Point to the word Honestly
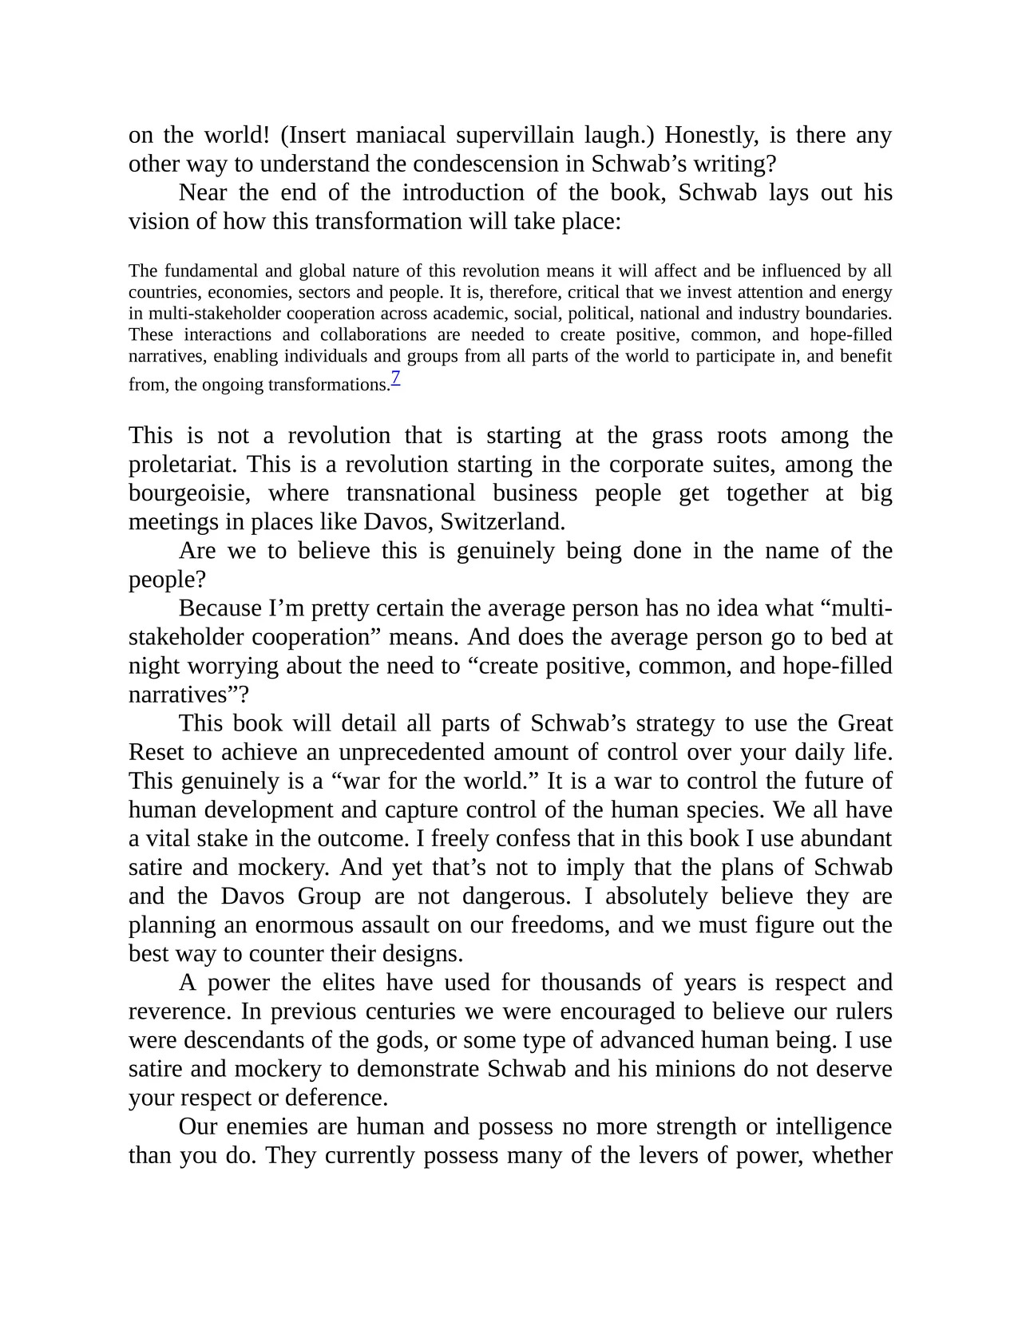click(709, 136)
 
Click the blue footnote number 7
click(395, 378)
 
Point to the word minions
click(695, 1069)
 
